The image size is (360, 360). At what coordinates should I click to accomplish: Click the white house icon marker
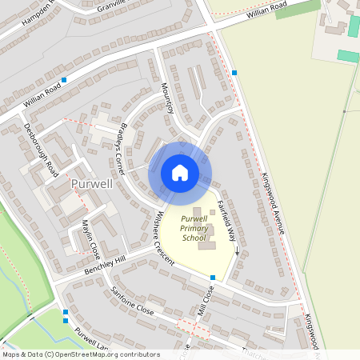pyautogui.click(x=180, y=173)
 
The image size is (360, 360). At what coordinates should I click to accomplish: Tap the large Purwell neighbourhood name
pyautogui.click(x=92, y=184)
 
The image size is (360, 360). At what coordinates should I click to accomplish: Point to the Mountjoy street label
pyautogui.click(x=167, y=98)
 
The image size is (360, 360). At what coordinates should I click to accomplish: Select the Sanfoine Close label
pyautogui.click(x=132, y=300)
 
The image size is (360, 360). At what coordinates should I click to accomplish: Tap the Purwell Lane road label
pyautogui.click(x=93, y=340)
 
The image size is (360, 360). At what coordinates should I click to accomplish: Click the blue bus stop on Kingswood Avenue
pyautogui.click(x=234, y=73)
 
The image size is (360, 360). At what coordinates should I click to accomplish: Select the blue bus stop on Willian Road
pyautogui.click(x=64, y=80)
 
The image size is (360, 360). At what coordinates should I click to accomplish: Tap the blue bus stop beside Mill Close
pyautogui.click(x=212, y=278)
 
